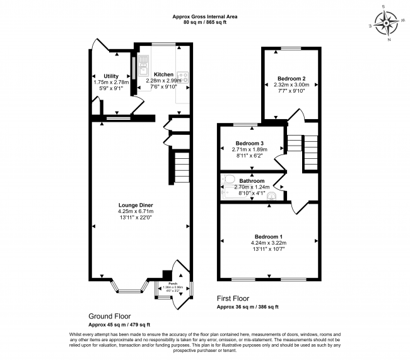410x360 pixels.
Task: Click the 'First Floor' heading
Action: (x=233, y=298)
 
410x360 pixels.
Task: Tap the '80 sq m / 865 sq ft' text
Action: (x=205, y=23)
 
